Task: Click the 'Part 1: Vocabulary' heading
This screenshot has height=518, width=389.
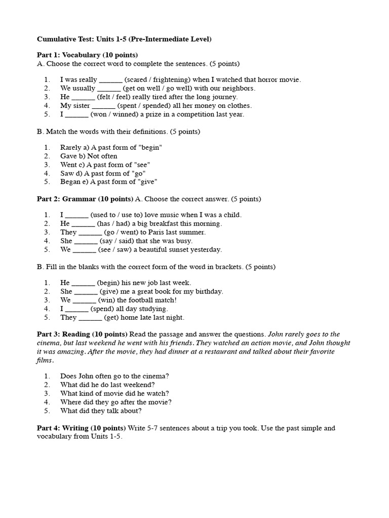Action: tap(87, 55)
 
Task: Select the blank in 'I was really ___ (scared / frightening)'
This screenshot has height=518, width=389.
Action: tap(110, 80)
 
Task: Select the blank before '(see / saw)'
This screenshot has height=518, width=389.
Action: tap(84, 250)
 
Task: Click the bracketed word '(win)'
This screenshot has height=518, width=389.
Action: tap(107, 300)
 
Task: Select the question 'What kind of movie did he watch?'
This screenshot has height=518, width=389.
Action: tap(114, 394)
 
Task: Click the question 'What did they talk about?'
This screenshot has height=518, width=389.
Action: tap(101, 411)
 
